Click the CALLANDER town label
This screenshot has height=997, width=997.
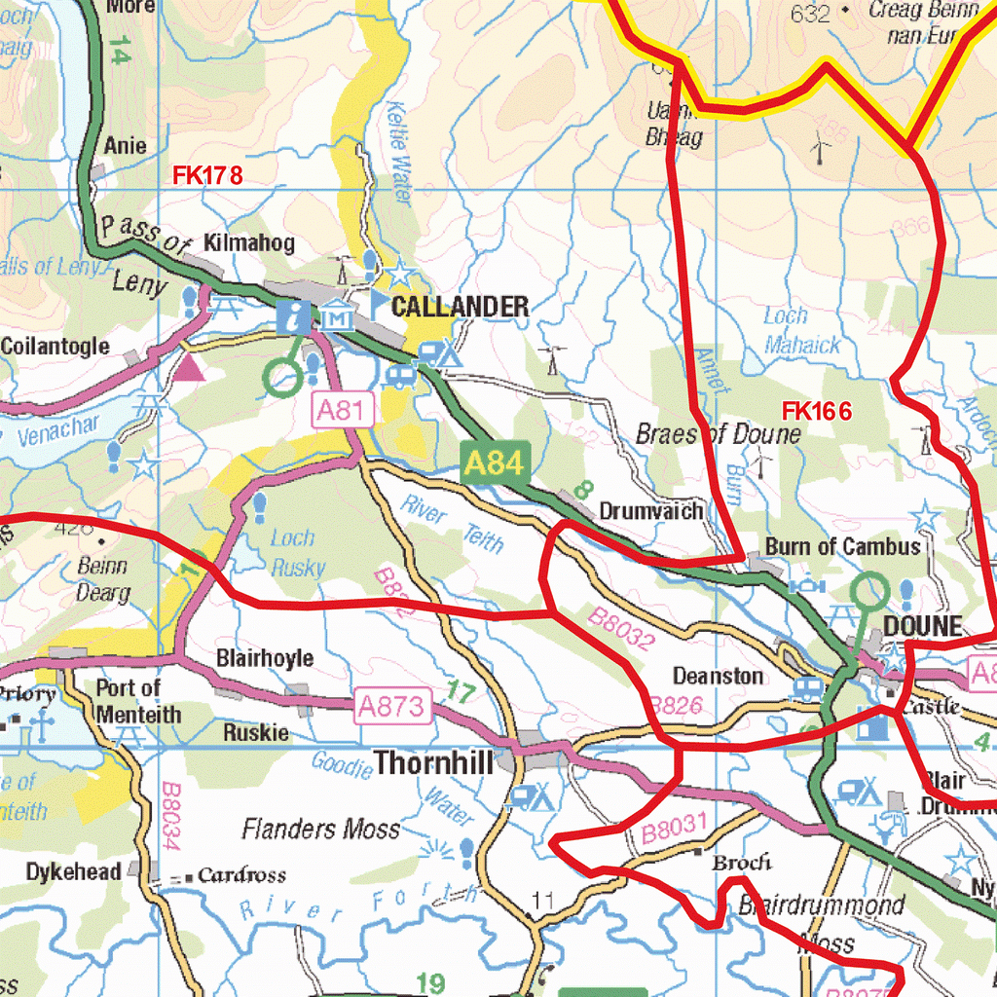click(x=460, y=307)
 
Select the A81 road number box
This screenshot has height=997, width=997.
click(x=344, y=411)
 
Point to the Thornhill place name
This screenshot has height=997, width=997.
click(x=434, y=762)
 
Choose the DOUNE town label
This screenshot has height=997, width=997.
click(x=923, y=626)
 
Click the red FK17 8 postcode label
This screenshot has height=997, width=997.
click(x=206, y=176)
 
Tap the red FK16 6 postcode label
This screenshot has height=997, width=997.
click(x=816, y=412)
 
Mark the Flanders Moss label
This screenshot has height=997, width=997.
click(x=320, y=830)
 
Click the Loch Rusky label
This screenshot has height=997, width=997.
click(x=296, y=553)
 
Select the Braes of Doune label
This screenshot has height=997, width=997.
click(x=719, y=434)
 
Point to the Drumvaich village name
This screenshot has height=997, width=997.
click(x=650, y=511)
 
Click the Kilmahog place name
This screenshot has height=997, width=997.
click(x=249, y=243)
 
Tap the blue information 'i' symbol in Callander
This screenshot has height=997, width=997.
click(x=294, y=315)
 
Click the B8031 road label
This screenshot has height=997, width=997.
click(x=673, y=828)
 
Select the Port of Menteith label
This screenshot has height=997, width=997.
click(x=137, y=701)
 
